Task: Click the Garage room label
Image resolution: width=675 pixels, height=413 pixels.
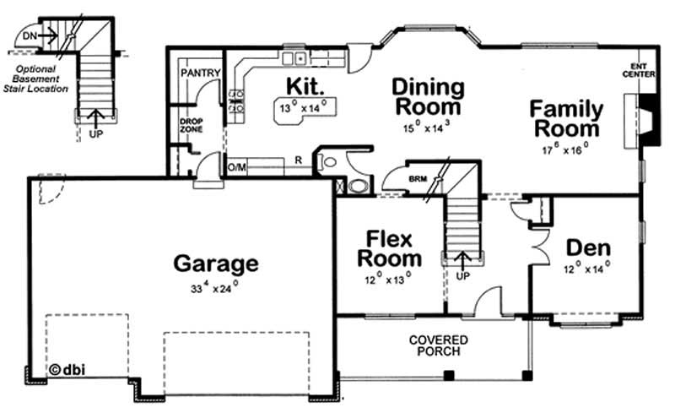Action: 215,264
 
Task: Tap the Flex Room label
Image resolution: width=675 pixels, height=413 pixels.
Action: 389,247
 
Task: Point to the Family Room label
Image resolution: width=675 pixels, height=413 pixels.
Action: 565,119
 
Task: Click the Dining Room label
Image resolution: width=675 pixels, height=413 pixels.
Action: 429,97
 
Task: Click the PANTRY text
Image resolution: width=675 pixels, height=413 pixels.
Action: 201,73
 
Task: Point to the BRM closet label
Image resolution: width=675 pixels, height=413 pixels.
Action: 417,179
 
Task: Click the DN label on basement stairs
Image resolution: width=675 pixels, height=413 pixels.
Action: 30,35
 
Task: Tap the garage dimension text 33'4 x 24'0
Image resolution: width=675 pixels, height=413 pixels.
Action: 214,289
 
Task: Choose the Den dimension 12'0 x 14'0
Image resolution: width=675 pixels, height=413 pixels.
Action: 587,271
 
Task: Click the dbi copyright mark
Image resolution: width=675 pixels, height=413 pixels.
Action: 67,369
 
